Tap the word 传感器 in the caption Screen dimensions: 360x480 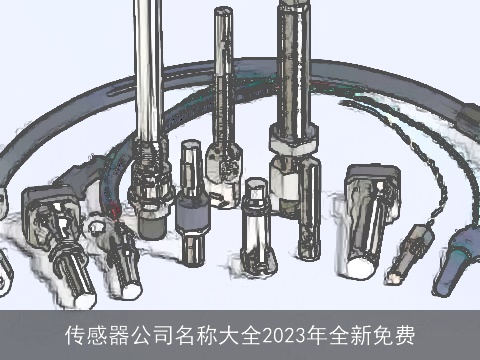[x=93, y=333]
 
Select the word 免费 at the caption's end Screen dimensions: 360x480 [x=396, y=333]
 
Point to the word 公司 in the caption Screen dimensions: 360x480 [x=146, y=333]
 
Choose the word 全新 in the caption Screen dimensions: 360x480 [x=351, y=333]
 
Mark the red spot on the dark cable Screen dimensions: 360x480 [x=115, y=211]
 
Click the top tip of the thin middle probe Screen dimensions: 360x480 [x=221, y=12]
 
